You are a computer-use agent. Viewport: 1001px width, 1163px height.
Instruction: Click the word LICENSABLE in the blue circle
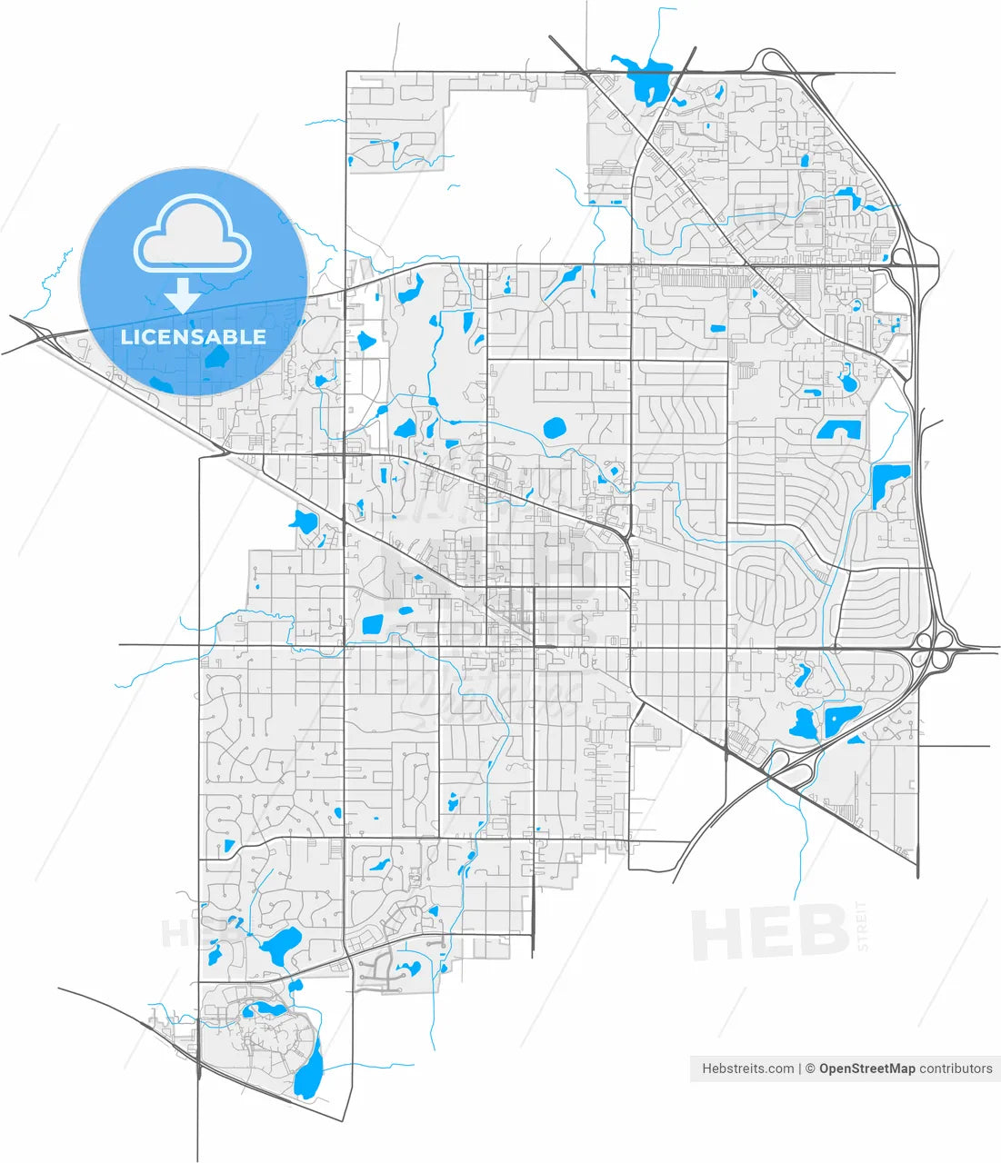pos(194,337)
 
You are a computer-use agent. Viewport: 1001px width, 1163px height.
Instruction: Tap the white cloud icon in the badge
pos(192,235)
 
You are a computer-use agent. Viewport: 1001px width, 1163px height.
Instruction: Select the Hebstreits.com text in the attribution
pos(747,1069)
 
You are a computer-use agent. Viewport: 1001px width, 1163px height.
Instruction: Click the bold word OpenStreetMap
pos(866,1069)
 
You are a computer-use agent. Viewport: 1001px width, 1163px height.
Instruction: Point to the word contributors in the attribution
pos(956,1069)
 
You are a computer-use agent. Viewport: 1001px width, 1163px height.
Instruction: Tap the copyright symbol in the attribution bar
pos(809,1069)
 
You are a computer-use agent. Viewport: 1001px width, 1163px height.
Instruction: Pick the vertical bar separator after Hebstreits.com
pos(800,1069)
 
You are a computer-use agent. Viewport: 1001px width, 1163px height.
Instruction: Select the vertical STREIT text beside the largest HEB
pos(862,926)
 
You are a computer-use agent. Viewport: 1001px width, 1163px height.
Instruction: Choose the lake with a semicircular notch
pos(839,430)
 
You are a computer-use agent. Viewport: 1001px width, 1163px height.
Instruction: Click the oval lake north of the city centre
pos(554,427)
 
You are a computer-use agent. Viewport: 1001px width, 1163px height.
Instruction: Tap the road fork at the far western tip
pos(35,333)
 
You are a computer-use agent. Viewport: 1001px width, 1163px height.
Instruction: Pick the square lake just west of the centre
pos(373,624)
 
